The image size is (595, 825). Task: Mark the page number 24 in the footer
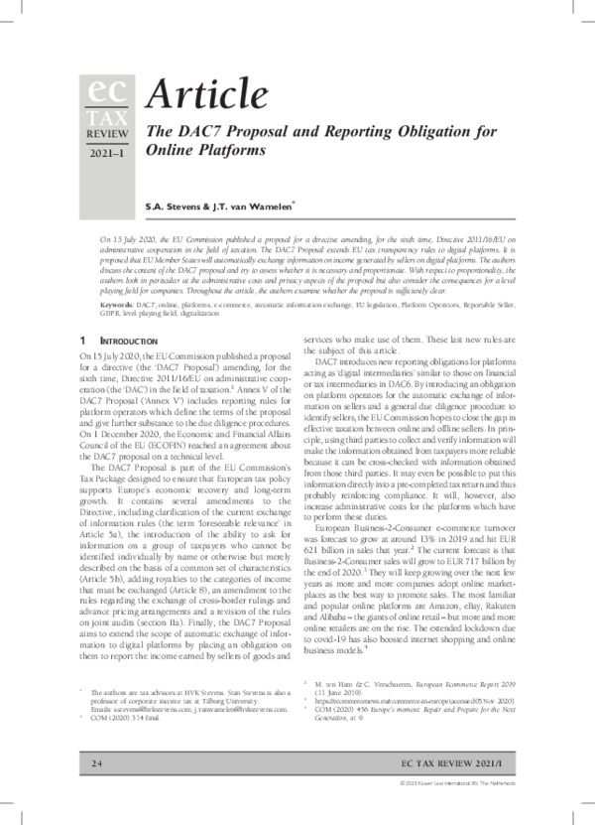point(97,791)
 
